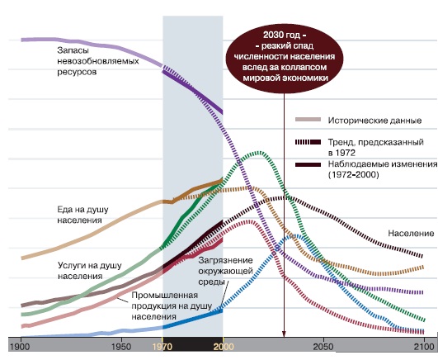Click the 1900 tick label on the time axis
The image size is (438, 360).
[20, 347]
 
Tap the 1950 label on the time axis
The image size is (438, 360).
[121, 347]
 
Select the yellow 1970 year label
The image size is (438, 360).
[162, 347]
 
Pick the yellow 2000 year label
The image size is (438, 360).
[224, 347]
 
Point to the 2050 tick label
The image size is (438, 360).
[323, 347]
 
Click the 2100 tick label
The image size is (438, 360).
[425, 347]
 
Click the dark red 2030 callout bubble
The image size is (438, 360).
[285, 56]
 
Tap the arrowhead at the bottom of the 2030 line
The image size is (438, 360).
[284, 334]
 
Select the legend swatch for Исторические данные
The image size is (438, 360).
[308, 120]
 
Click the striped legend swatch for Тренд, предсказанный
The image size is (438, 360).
[308, 142]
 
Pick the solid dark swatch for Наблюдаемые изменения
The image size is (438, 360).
[308, 165]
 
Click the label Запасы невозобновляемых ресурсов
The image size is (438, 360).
[98, 61]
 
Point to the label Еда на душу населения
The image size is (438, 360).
[82, 215]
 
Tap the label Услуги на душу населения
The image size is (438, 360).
[90, 271]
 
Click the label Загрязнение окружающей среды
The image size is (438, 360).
[225, 271]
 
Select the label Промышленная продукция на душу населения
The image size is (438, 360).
[172, 306]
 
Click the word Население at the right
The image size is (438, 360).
[411, 234]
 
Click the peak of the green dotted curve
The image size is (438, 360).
[259, 153]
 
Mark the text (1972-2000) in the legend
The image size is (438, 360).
[353, 175]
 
